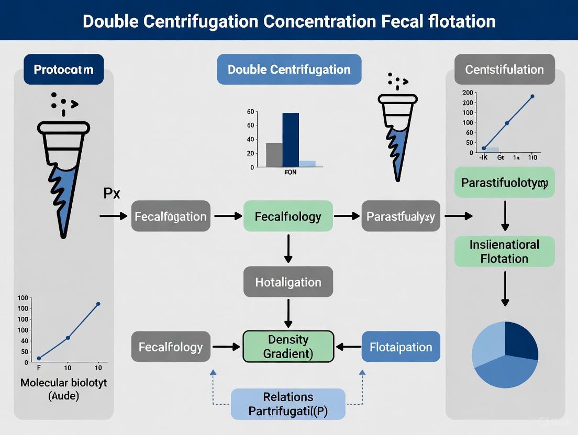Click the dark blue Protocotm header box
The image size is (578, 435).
[x=63, y=70]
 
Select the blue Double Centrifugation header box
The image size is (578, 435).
[x=289, y=70]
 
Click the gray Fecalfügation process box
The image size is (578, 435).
[x=171, y=216]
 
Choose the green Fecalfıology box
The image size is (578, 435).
[x=288, y=216]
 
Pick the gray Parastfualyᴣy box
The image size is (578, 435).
[x=401, y=216]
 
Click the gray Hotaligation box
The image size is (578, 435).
[x=288, y=282]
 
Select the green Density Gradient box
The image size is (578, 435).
[x=288, y=346]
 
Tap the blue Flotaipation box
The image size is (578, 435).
[x=401, y=347]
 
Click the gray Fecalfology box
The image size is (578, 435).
[x=171, y=347]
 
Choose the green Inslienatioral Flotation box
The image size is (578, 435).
[x=505, y=251]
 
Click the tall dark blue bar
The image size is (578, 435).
[x=291, y=140]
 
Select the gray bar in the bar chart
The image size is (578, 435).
[x=274, y=155]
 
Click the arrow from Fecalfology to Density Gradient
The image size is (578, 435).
[x=226, y=347]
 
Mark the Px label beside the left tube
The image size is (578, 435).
[x=112, y=193]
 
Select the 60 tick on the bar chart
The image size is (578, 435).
[x=250, y=112]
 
